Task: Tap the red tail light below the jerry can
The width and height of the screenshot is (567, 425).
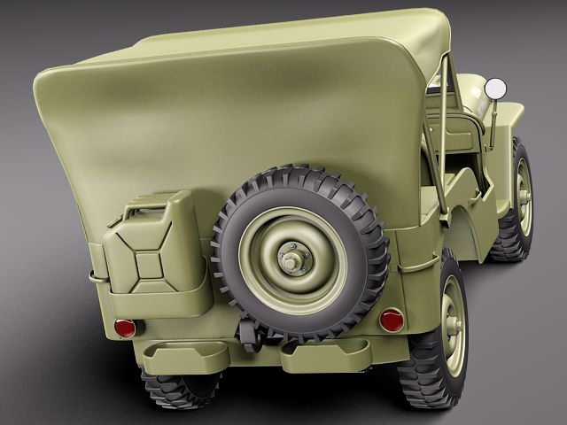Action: click(126, 328)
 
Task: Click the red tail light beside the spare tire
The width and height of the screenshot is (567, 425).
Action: click(392, 320)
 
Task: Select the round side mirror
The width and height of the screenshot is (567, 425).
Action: click(495, 89)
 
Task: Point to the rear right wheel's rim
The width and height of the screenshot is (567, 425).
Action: click(453, 324)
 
